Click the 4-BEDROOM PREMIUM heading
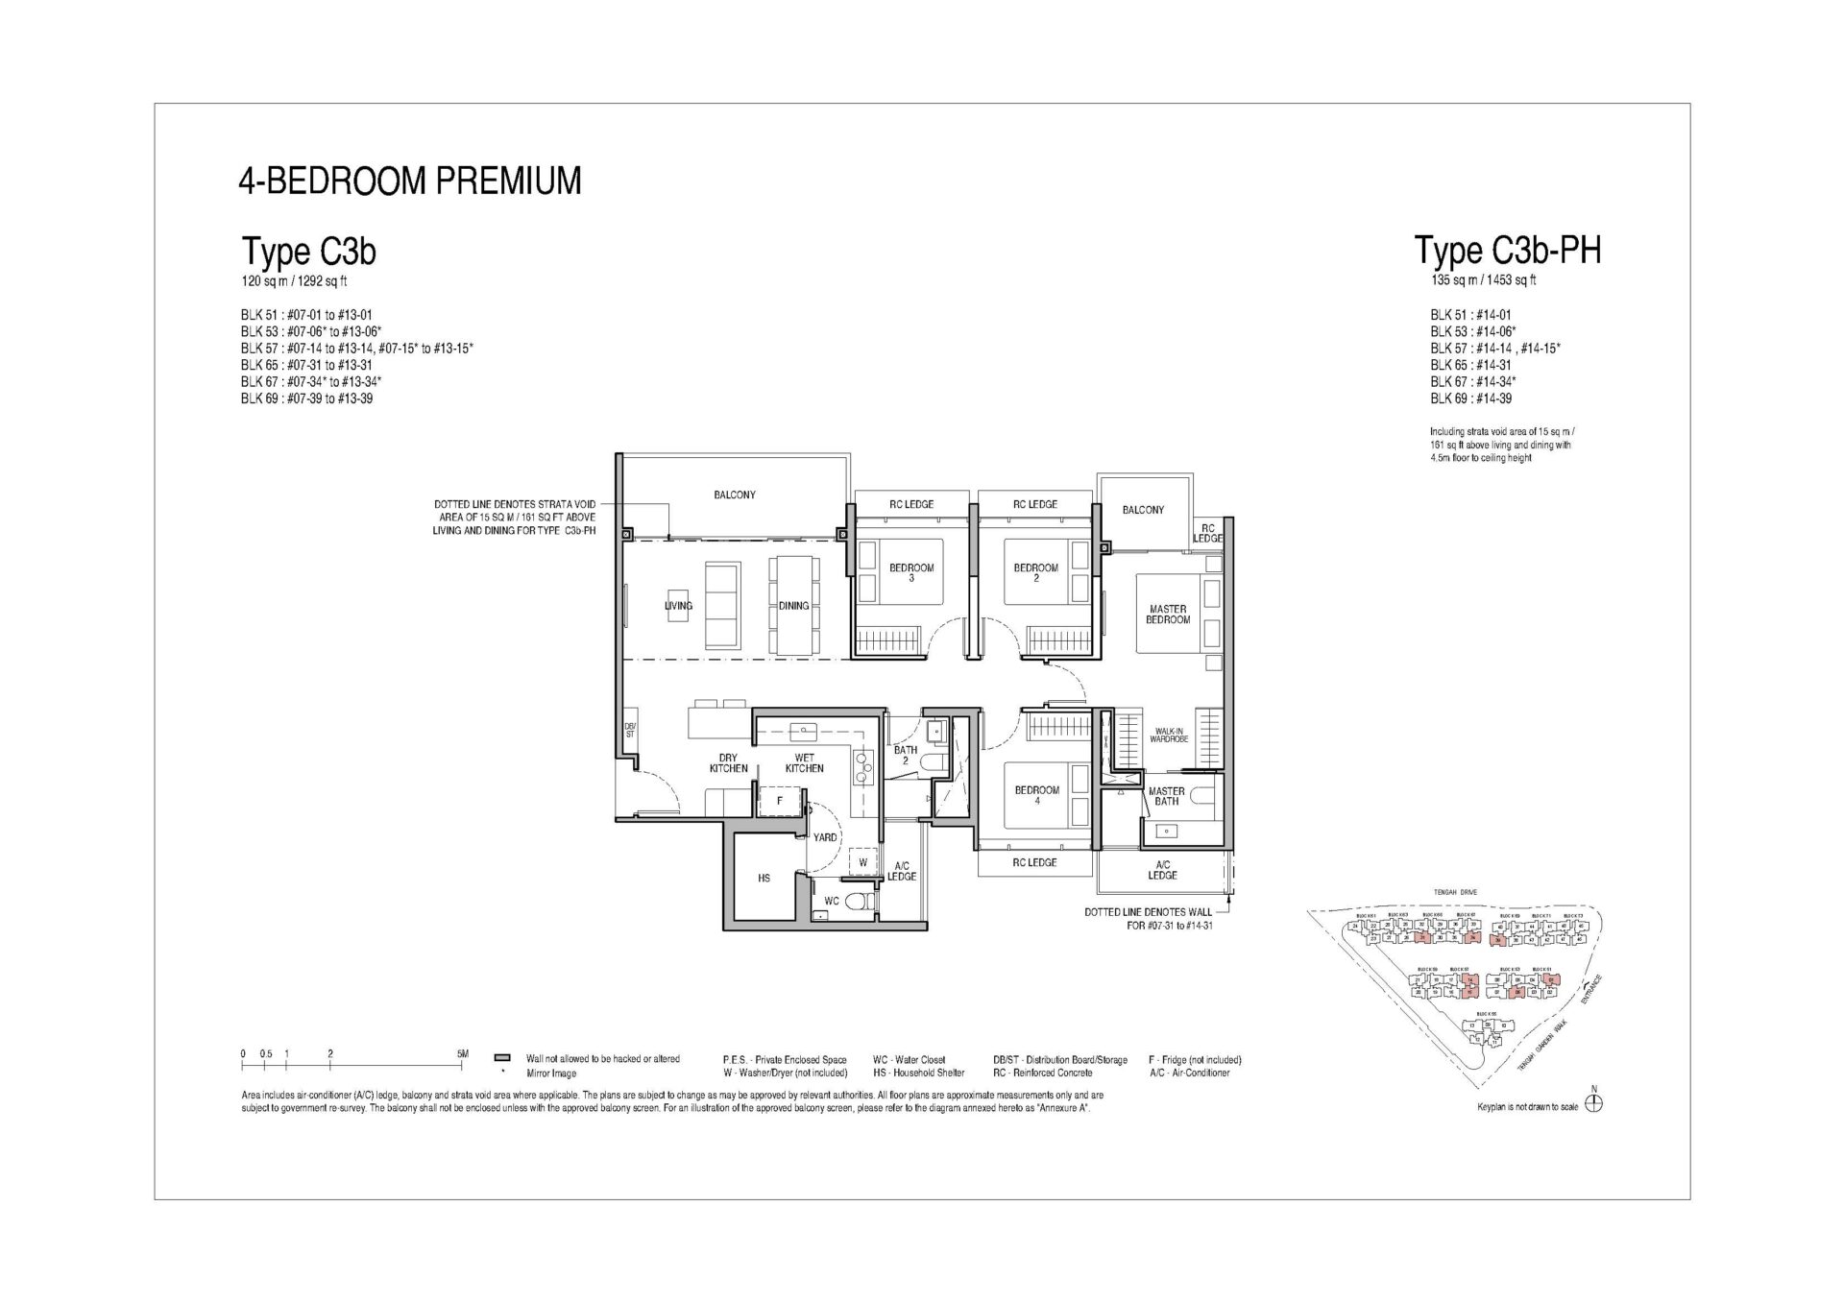410,181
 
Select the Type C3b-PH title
1507,251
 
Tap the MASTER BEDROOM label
1167,615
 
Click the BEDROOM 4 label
1036,795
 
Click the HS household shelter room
764,878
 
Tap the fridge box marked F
779,800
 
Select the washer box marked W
862,862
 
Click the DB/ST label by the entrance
630,730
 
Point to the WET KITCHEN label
804,763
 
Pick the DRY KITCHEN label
728,763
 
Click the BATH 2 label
905,756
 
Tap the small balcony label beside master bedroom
1142,510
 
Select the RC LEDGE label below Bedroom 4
1034,862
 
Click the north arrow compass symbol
1593,1104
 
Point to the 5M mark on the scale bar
463,1054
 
